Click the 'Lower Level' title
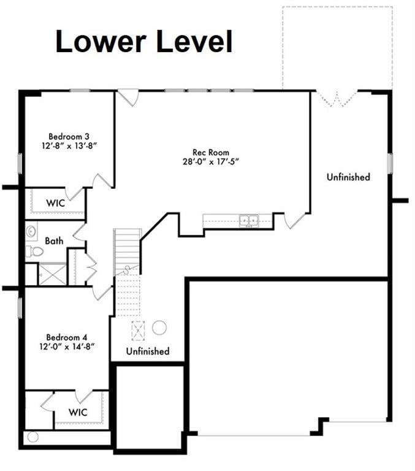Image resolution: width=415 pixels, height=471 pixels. tap(144, 42)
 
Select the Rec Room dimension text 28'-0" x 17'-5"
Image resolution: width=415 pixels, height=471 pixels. tap(211, 162)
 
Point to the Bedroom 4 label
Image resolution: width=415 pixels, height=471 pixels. tap(67, 337)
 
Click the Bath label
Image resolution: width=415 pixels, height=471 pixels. tap(54, 241)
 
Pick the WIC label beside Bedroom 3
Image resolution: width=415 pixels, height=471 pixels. tap(57, 202)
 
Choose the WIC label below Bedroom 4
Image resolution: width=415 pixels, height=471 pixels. tap(78, 412)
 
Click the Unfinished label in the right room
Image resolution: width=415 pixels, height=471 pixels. tap(348, 177)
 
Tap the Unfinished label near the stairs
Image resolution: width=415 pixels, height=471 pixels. tap(148, 351)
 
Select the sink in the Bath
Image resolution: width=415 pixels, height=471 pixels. tap(31, 231)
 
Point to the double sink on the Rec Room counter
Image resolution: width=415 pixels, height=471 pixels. tap(248, 219)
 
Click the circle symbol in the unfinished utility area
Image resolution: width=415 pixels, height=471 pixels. tap(159, 327)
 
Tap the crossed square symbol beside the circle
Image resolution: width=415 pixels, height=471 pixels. tap(139, 330)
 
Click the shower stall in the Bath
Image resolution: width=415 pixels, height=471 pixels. tap(52, 274)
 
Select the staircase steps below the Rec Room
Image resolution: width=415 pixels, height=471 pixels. tap(128, 245)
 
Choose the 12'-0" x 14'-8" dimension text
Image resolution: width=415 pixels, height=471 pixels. tap(67, 348)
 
